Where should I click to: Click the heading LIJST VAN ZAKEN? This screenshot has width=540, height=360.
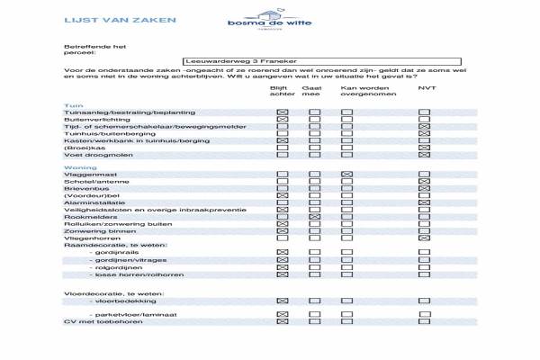click(x=101, y=19)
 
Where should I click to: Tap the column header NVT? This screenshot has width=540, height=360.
click(x=427, y=88)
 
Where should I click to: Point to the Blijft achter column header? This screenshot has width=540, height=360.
click(x=283, y=92)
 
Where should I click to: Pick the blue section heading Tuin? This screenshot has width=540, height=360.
click(x=74, y=105)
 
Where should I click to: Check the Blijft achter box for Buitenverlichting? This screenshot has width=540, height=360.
click(x=283, y=119)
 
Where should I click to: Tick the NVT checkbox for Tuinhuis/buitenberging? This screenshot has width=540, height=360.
click(x=424, y=134)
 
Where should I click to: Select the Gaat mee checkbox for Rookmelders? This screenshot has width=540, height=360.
click(x=315, y=217)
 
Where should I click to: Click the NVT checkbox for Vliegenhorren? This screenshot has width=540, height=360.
click(x=424, y=238)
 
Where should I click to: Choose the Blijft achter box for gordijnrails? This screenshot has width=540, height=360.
click(x=283, y=253)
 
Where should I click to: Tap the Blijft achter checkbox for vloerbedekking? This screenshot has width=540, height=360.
click(x=283, y=300)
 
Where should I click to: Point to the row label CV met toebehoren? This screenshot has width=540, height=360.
click(x=95, y=321)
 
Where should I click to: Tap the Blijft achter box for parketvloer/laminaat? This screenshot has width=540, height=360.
click(x=283, y=314)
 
